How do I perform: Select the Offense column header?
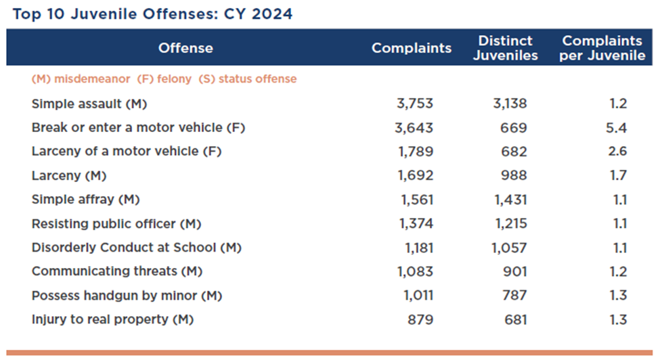click(x=185, y=48)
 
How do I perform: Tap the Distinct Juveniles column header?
click(x=505, y=48)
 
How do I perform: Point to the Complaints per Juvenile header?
click(x=602, y=48)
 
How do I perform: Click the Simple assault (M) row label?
click(x=89, y=104)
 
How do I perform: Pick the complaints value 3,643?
click(x=415, y=127)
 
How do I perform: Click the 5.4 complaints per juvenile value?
click(x=617, y=127)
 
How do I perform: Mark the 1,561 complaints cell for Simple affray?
click(x=415, y=200)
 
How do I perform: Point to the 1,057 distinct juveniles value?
click(x=509, y=248)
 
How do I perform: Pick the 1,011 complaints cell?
click(x=416, y=296)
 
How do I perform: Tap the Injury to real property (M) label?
click(x=112, y=319)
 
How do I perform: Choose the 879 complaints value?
click(x=420, y=319)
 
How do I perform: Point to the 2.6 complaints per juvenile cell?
click(x=617, y=152)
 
